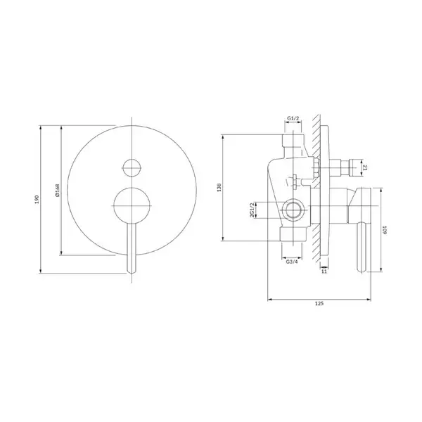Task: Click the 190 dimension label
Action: point(37,199)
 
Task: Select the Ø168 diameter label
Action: point(58,191)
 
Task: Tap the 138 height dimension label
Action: point(219,187)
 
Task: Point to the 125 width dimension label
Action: point(319,304)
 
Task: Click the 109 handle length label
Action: point(384,229)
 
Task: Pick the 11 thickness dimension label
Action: point(324,271)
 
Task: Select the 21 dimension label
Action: point(365,168)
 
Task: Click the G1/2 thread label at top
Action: point(293,118)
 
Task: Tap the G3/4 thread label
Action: point(292,262)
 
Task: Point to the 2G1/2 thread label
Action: point(252,210)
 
